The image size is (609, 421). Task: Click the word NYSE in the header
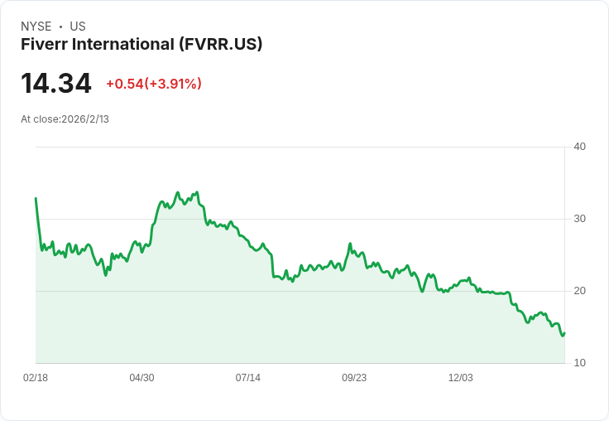36,27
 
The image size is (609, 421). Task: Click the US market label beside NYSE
78,27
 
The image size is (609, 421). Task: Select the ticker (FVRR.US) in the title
221,44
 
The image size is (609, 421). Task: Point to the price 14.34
56,84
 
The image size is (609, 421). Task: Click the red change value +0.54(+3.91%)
154,84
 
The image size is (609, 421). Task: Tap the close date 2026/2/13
85,119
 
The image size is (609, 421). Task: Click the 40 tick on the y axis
579,147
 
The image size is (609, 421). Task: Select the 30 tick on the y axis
579,219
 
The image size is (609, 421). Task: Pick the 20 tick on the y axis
579,291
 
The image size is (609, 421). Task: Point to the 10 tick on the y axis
579,363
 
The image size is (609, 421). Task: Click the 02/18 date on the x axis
36,378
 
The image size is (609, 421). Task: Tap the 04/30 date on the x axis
141,378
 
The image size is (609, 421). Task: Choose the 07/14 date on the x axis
247,378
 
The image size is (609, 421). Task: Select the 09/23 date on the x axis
354,378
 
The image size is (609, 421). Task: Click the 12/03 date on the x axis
460,378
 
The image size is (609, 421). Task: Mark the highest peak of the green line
177,192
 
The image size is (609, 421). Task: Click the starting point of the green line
36,198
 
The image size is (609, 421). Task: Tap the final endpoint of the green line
564,333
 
